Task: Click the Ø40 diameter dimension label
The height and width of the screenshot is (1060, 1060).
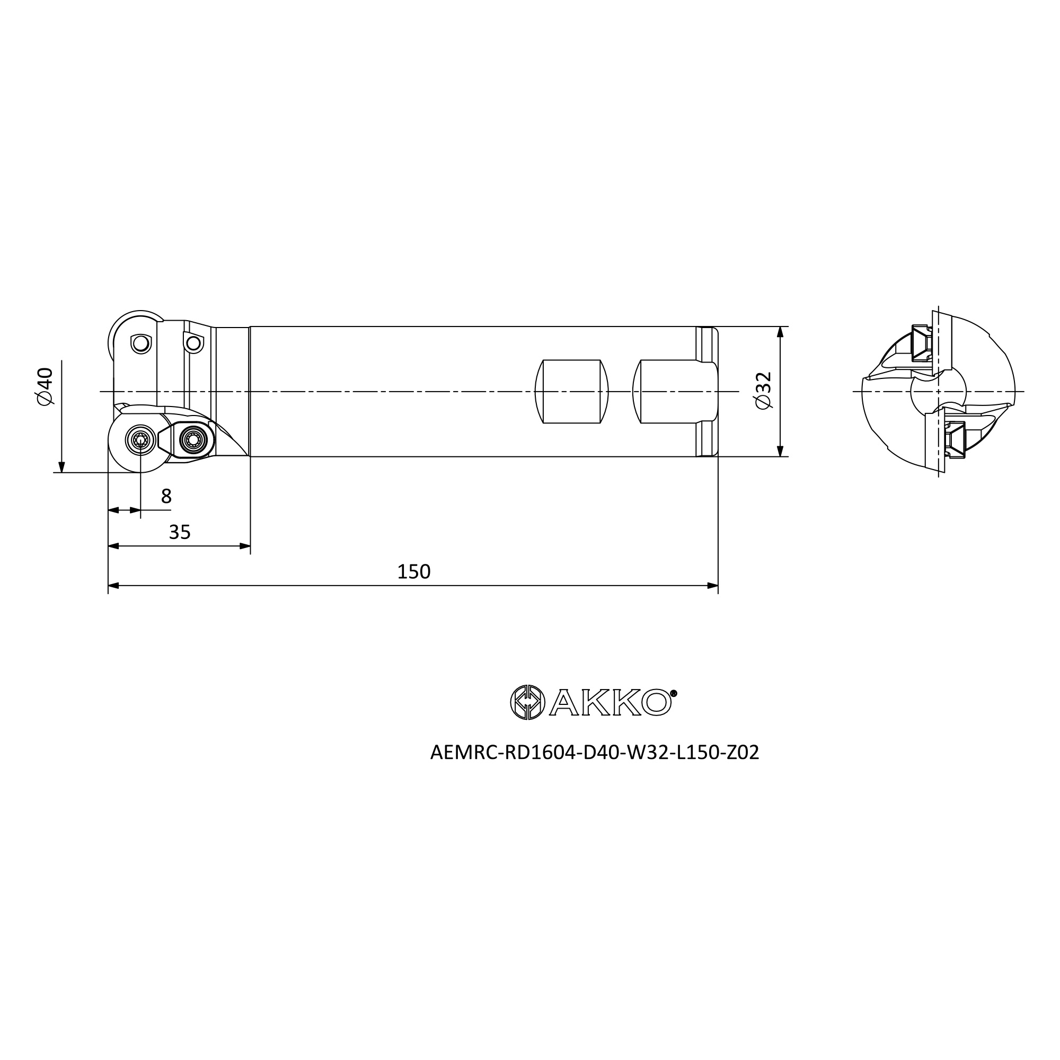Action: [45, 386]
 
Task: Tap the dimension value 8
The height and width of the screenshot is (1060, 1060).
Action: [166, 496]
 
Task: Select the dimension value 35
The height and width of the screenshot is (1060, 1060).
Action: [180, 532]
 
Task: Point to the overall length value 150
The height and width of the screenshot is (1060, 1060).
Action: [414, 572]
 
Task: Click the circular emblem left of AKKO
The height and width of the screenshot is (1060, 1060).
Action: [527, 702]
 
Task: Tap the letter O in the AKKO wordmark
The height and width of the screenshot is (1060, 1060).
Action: [656, 702]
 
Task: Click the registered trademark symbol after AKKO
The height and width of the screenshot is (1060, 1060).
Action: [674, 693]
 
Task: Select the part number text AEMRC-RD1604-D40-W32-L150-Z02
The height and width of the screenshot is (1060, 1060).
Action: [595, 752]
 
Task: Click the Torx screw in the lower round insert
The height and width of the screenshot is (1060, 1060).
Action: [140, 439]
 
